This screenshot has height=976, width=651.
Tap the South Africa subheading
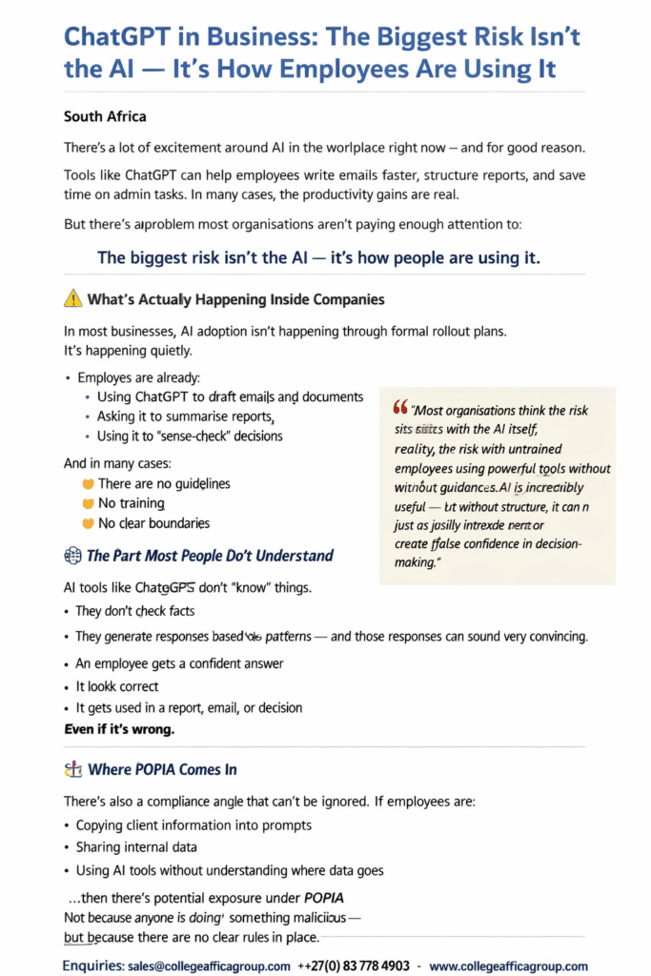tap(105, 117)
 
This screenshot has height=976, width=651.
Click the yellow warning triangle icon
tap(72, 299)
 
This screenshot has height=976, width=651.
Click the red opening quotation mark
tap(399, 408)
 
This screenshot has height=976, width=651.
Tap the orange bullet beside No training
tap(89, 503)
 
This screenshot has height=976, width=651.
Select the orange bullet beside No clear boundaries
tap(89, 523)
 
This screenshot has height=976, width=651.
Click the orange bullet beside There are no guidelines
tap(89, 484)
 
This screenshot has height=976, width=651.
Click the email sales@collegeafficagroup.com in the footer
tap(209, 966)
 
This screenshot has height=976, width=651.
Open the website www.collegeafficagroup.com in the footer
tap(508, 966)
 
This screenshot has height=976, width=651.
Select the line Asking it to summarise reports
tap(186, 417)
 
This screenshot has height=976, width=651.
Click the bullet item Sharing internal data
tap(136, 846)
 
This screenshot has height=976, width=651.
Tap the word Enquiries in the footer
tap(92, 966)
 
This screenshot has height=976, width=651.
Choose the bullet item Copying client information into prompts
tap(193, 824)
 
